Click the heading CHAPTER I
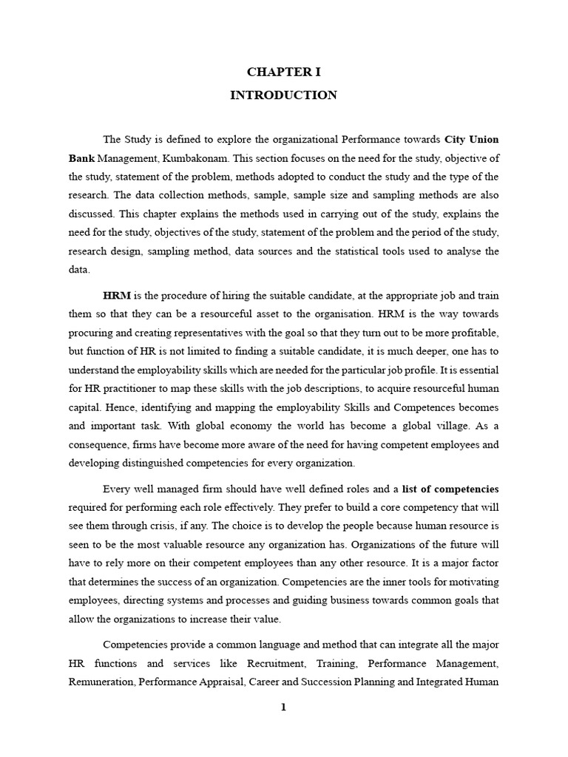pos(283,72)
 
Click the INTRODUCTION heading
pos(283,95)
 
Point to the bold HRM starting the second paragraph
pos(116,295)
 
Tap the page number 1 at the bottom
pos(283,707)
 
